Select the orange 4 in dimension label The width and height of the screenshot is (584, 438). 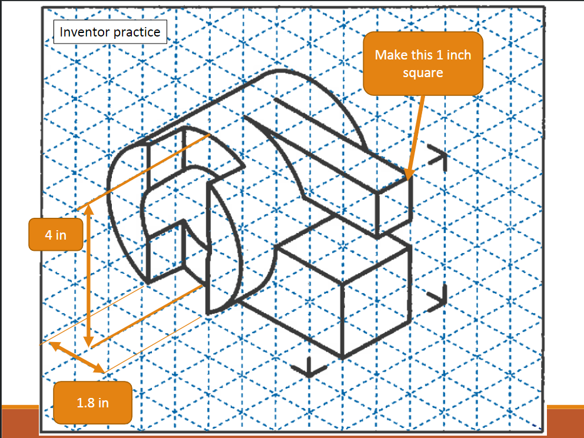tap(56, 235)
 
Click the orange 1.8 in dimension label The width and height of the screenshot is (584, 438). tap(92, 403)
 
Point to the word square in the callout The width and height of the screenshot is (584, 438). tap(423, 73)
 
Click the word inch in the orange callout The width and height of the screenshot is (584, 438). tap(459, 55)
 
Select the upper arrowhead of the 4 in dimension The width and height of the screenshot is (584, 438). tap(88, 210)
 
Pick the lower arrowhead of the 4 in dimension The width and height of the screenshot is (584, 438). tap(88, 341)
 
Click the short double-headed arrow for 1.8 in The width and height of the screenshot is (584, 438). tap(77, 357)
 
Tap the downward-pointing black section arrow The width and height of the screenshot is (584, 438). tap(309, 367)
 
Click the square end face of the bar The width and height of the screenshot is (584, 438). tap(394, 207)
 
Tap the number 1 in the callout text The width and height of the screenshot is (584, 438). tap(439, 55)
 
